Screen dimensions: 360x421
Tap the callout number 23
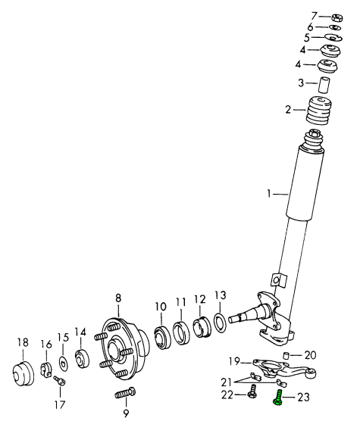(x=302, y=397)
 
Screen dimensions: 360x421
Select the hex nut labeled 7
(x=337, y=17)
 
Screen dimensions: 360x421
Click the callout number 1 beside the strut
(x=269, y=193)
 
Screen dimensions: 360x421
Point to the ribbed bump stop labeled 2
(x=318, y=110)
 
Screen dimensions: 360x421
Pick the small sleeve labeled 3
(x=324, y=85)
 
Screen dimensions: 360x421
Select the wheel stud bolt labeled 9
(x=125, y=393)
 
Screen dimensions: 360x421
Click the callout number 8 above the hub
(x=118, y=298)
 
